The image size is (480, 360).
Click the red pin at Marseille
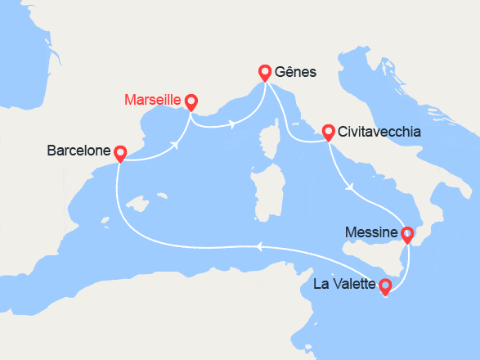click(191, 101)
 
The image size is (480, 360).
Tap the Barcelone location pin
click(119, 152)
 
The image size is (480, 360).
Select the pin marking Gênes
click(264, 72)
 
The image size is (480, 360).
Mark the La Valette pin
click(385, 286)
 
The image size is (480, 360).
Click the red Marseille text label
click(153, 101)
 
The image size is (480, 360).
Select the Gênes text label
click(296, 72)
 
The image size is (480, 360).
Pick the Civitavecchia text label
click(379, 131)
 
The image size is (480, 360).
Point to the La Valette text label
click(345, 286)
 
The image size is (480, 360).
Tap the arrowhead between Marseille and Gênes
click(235, 125)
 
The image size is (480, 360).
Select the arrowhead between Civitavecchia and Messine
click(350, 187)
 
